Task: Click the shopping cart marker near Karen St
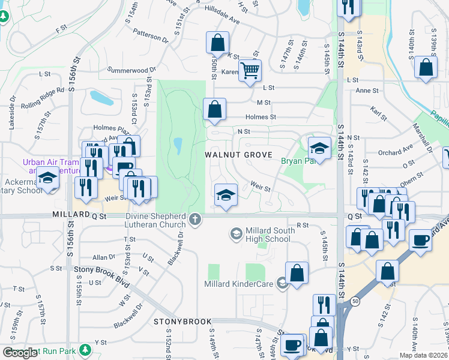click(x=250, y=70)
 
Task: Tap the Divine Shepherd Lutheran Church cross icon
click(x=194, y=220)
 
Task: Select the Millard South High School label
click(x=265, y=235)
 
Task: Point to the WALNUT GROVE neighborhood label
click(x=234, y=154)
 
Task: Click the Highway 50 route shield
click(x=355, y=302)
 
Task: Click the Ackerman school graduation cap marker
click(x=48, y=178)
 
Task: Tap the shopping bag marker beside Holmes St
click(x=214, y=109)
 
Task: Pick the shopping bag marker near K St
click(x=217, y=43)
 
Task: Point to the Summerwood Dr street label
click(x=128, y=70)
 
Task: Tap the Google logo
click(x=20, y=353)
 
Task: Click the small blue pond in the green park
click(x=178, y=145)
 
